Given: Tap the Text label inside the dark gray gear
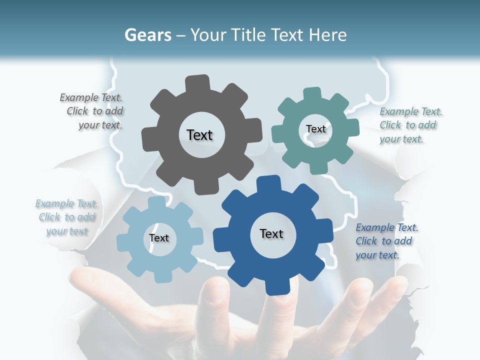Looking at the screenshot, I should coord(199,135).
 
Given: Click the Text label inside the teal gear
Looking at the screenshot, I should coord(315,129).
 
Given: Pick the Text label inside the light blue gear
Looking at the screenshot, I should coord(159,238).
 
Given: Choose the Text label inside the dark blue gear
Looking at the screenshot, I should coord(271,233).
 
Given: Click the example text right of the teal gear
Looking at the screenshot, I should coord(410,125).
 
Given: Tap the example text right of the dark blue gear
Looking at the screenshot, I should coord(386,241).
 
